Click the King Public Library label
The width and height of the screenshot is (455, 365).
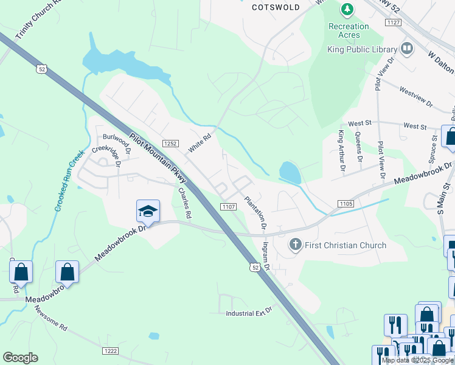tap(362, 49)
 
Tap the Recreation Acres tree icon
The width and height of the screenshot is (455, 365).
tap(347, 10)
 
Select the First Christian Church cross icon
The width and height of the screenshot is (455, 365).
tap(295, 245)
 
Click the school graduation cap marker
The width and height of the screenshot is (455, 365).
tap(148, 210)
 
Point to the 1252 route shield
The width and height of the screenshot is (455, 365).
tap(170, 144)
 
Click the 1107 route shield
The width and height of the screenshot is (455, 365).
tap(228, 207)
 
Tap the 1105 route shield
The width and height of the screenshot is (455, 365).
tap(345, 202)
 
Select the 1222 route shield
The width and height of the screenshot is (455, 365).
tap(110, 351)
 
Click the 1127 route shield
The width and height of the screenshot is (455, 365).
tap(393, 23)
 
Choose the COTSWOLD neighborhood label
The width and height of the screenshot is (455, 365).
tap(276, 7)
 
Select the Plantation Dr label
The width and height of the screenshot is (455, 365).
tap(255, 212)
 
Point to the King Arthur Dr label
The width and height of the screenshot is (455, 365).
tap(341, 150)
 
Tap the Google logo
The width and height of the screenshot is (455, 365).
tap(20, 358)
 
